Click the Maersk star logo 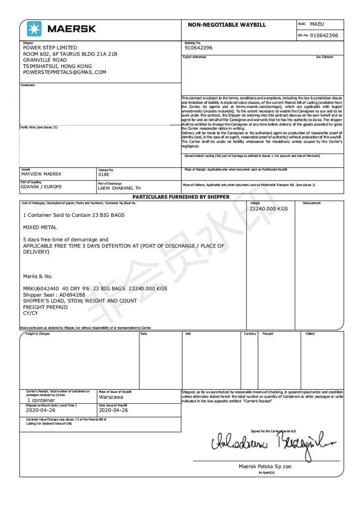point(34,28)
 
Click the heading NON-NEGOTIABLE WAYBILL point(227,25)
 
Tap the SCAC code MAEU point(317,24)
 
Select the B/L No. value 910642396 point(324,35)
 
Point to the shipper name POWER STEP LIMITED point(50,48)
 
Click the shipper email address point(64,72)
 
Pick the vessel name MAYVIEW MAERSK point(41,174)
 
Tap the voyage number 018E point(104,174)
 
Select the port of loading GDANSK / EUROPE point(41,187)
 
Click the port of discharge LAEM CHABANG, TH point(119,188)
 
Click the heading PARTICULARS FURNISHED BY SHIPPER point(181,197)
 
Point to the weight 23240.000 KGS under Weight point(269,209)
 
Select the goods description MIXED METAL point(40,227)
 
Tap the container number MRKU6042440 point(41,288)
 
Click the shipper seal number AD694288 point(72,295)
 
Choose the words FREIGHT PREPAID point(45,307)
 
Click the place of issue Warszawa point(111,397)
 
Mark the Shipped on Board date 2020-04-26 point(41,410)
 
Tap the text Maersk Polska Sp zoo point(265,466)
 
